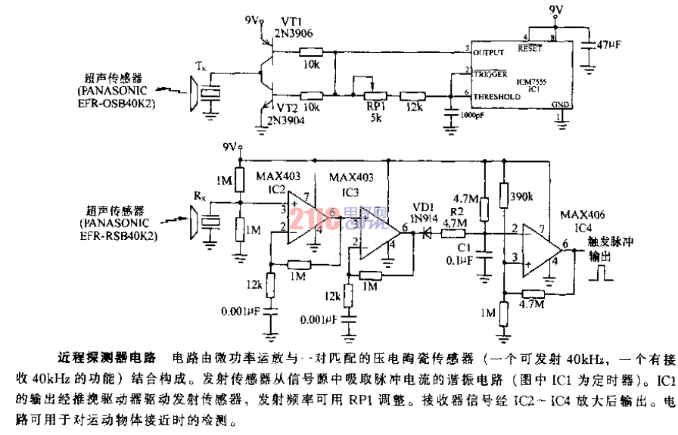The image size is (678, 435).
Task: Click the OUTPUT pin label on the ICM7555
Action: [488, 52]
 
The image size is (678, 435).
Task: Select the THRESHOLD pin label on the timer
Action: [496, 97]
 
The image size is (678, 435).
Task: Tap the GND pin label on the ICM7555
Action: [559, 105]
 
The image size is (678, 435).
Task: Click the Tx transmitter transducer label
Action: [201, 67]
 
